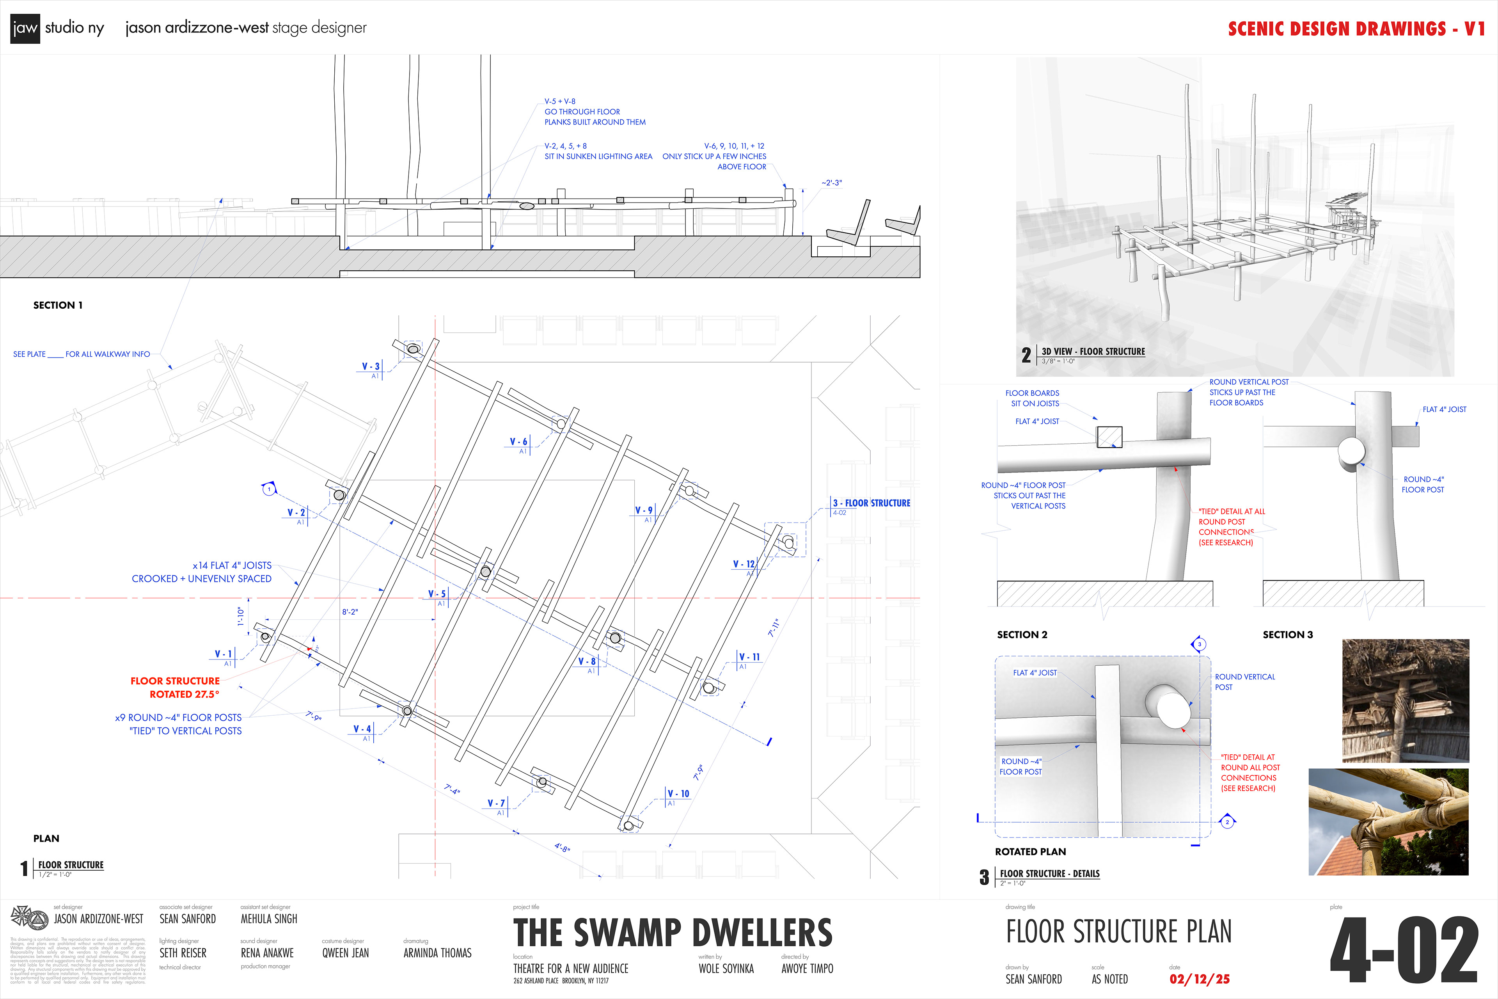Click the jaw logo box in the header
click(25, 28)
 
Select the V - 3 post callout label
click(371, 366)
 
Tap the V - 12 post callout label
click(743, 564)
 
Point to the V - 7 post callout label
click(496, 803)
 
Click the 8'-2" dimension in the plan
click(350, 611)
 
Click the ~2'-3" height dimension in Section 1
click(831, 183)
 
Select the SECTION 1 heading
click(58, 305)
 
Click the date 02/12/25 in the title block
click(1199, 979)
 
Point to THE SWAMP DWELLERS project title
click(673, 933)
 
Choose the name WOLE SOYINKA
click(726, 969)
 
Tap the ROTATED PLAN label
click(1030, 852)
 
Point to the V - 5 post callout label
click(437, 594)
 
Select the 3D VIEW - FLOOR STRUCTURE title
click(1093, 352)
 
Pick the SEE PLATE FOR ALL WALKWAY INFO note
click(82, 354)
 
